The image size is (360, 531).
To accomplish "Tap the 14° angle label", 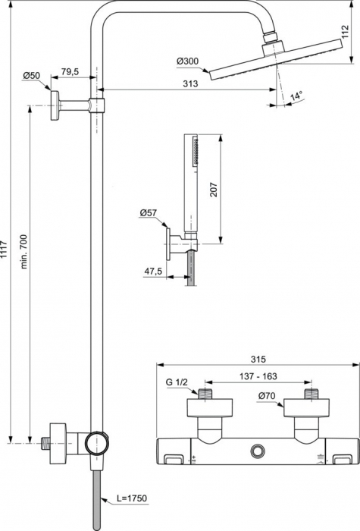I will pos(296,96).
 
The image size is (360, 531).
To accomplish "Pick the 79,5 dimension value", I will pos(70,71).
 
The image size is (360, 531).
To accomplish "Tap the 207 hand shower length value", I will pos(214,190).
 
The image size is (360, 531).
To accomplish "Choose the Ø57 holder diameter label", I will pos(148,214).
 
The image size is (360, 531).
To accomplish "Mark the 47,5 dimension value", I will pos(154,271).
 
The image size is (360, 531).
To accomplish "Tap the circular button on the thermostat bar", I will pos(261,452).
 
